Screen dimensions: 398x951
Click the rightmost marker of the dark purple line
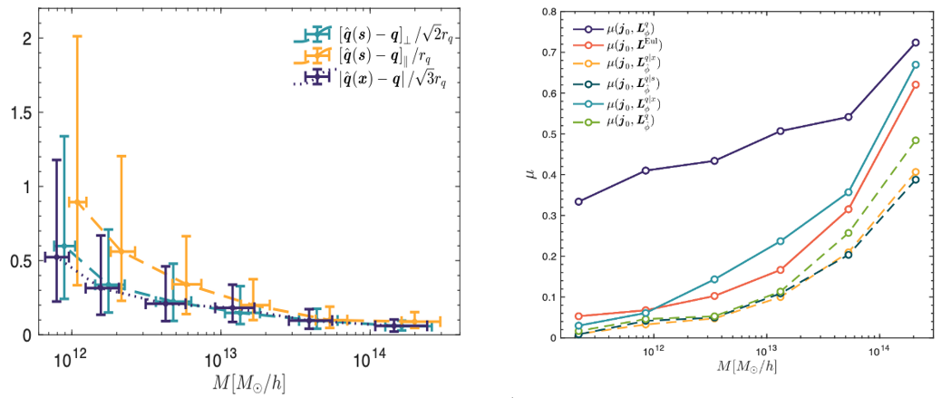[x=916, y=43]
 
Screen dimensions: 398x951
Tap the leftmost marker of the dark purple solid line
[x=578, y=201]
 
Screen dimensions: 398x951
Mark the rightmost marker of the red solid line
[x=916, y=84]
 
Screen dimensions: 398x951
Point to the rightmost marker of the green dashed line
[x=916, y=141]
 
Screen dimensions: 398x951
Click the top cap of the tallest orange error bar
[x=77, y=36]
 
